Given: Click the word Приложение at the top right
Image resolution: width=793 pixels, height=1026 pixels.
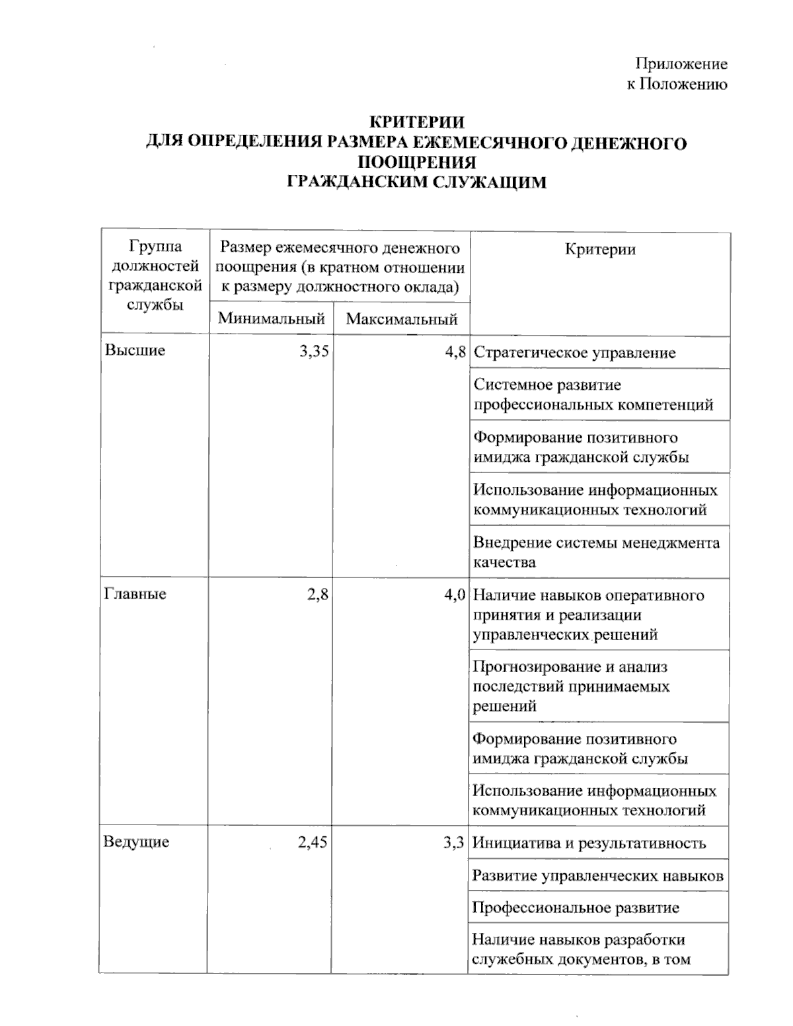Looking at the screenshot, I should (x=681, y=64).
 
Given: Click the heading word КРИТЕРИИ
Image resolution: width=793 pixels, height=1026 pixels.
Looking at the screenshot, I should (x=416, y=123).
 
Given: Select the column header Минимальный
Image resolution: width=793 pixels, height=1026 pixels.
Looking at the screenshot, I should (x=272, y=319).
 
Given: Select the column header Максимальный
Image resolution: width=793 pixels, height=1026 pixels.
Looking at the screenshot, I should (x=402, y=320).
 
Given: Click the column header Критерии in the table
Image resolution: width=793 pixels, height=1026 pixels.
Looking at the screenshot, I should (x=600, y=249).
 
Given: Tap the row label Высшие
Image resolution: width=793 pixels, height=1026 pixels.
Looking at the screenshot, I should (x=135, y=350).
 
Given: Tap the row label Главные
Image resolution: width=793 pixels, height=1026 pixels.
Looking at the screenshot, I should (x=135, y=593).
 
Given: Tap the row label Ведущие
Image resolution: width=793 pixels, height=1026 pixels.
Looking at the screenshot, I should (x=136, y=842).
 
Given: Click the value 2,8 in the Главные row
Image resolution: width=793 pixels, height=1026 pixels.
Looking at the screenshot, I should (x=318, y=594).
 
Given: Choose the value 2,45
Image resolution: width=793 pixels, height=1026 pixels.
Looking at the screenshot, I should (x=313, y=842).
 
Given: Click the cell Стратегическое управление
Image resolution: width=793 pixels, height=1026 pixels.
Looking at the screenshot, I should (x=574, y=353).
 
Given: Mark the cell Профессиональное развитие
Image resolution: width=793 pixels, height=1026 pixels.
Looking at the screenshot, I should (x=576, y=907).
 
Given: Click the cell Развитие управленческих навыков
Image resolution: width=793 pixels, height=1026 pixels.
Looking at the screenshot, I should (x=598, y=876).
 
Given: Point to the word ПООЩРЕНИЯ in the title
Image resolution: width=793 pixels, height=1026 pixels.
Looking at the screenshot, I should (x=416, y=163).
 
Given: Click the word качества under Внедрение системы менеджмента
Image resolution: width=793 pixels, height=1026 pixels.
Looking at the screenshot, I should (x=504, y=563).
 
